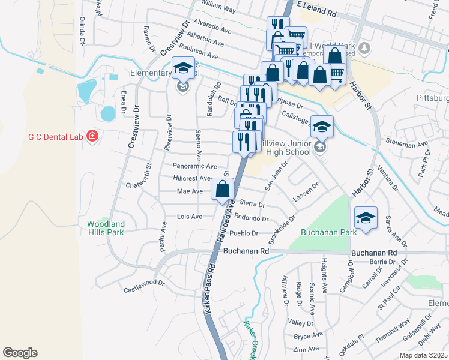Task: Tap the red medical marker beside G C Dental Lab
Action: coord(92,136)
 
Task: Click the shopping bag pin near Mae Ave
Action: coord(222,189)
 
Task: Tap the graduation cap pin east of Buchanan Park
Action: coord(365,218)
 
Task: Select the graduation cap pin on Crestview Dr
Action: coord(183,68)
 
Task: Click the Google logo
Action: coord(20,353)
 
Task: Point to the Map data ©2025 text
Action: coord(424,355)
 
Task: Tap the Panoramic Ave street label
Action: coord(194,166)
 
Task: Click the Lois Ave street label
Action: coord(190,216)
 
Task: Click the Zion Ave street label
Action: coord(306,349)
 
